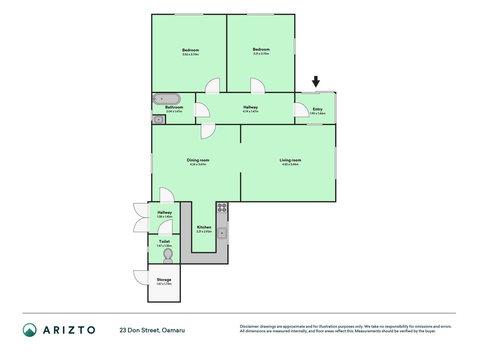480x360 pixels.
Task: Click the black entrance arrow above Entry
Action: click(x=316, y=82)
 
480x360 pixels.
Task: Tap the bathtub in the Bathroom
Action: click(x=166, y=99)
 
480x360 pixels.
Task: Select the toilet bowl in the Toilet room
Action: click(x=168, y=256)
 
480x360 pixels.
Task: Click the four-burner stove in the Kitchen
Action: click(x=222, y=208)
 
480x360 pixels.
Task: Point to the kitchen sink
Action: click(x=222, y=233)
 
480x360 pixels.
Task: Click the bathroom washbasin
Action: click(x=159, y=120)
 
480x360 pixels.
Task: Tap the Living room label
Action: click(x=290, y=160)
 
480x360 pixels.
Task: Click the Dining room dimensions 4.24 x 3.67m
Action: click(x=198, y=165)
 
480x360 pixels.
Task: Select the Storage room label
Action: click(x=164, y=280)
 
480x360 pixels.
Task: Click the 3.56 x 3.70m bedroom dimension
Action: click(x=190, y=55)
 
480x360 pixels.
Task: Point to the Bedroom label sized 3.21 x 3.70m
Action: click(x=261, y=49)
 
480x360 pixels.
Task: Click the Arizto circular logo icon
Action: click(x=30, y=330)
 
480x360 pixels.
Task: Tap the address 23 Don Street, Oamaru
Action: click(x=152, y=330)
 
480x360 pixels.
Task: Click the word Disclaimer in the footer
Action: click(x=249, y=327)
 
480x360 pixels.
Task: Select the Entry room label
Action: click(x=317, y=109)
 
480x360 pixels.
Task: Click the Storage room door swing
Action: click(x=141, y=278)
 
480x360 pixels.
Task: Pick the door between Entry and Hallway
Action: click(x=301, y=110)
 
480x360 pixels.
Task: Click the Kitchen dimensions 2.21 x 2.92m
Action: click(x=204, y=232)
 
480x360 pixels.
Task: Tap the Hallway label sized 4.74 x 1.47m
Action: click(x=251, y=107)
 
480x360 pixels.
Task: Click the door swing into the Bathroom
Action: click(x=202, y=110)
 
